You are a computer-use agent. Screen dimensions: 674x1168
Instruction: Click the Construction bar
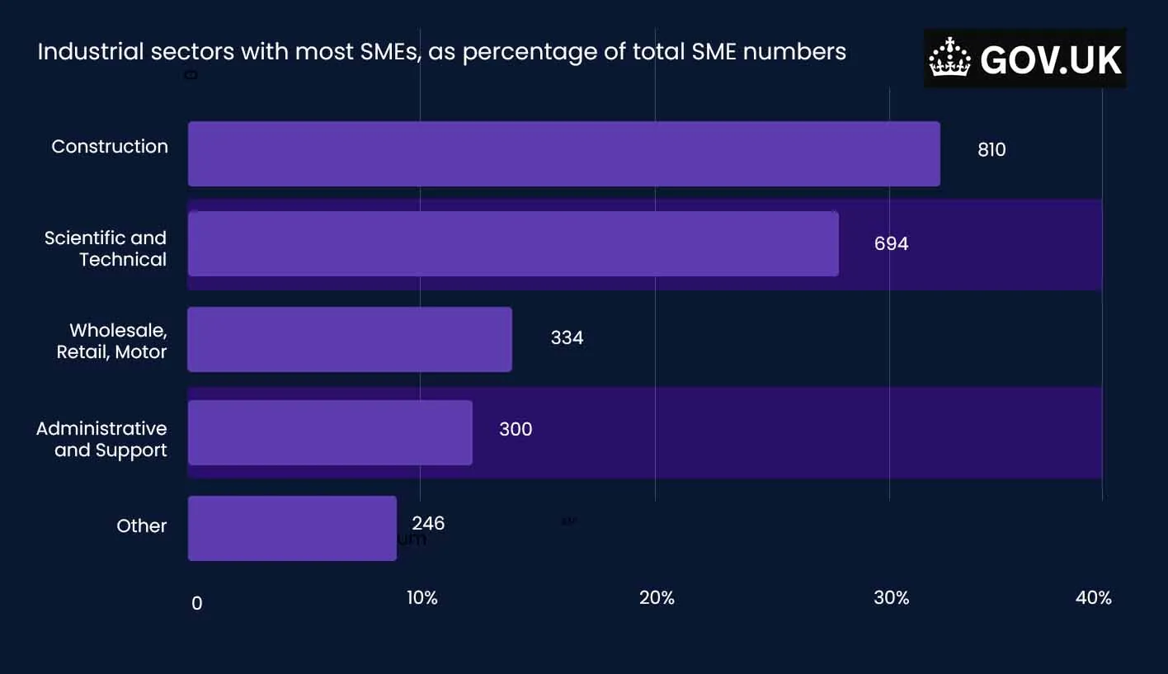tap(563, 154)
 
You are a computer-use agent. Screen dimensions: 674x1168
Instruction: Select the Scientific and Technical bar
tap(513, 243)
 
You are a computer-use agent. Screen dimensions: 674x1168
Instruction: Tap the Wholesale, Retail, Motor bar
tap(350, 339)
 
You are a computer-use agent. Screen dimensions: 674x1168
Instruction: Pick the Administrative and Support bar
tap(330, 432)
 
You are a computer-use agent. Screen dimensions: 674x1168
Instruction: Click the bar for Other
tap(292, 528)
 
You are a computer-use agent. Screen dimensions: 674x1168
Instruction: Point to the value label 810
tap(991, 150)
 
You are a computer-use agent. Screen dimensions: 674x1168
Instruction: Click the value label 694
tap(891, 244)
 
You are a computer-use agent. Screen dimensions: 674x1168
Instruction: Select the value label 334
tap(567, 338)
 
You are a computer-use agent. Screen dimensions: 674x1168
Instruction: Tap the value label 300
tap(516, 430)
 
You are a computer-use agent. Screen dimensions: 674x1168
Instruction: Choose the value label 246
tap(428, 524)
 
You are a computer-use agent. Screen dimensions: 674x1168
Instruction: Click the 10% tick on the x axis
tap(422, 598)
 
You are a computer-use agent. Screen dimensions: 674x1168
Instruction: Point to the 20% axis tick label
tap(657, 598)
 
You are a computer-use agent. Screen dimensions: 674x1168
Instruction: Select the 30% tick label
tap(891, 598)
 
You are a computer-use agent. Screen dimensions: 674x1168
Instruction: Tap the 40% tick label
tap(1093, 598)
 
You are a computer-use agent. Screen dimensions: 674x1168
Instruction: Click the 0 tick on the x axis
tap(196, 604)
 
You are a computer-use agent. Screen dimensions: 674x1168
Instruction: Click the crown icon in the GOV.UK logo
tap(949, 59)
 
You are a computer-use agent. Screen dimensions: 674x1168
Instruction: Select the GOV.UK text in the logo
tap(1051, 60)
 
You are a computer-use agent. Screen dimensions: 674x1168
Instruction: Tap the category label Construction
tap(110, 147)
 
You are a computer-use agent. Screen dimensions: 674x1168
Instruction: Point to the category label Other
tap(142, 526)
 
